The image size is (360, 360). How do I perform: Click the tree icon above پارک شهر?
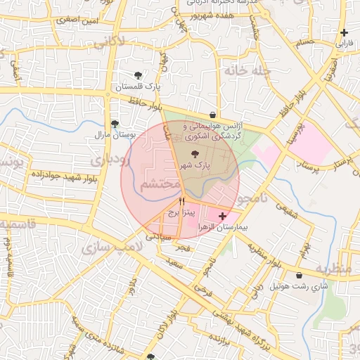(x=194, y=154)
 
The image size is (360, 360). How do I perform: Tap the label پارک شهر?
(x=194, y=165)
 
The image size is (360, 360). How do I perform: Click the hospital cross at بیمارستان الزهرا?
(x=223, y=217)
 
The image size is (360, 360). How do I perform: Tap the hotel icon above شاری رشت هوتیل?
(x=301, y=275)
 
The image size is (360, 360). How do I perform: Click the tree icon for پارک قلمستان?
(x=138, y=75)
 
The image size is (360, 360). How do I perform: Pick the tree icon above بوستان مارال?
(x=115, y=123)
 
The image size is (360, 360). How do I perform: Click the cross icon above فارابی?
(x=344, y=32)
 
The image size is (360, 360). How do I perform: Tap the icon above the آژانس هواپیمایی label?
(x=212, y=115)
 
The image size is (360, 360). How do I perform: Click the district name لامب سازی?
(x=103, y=249)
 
